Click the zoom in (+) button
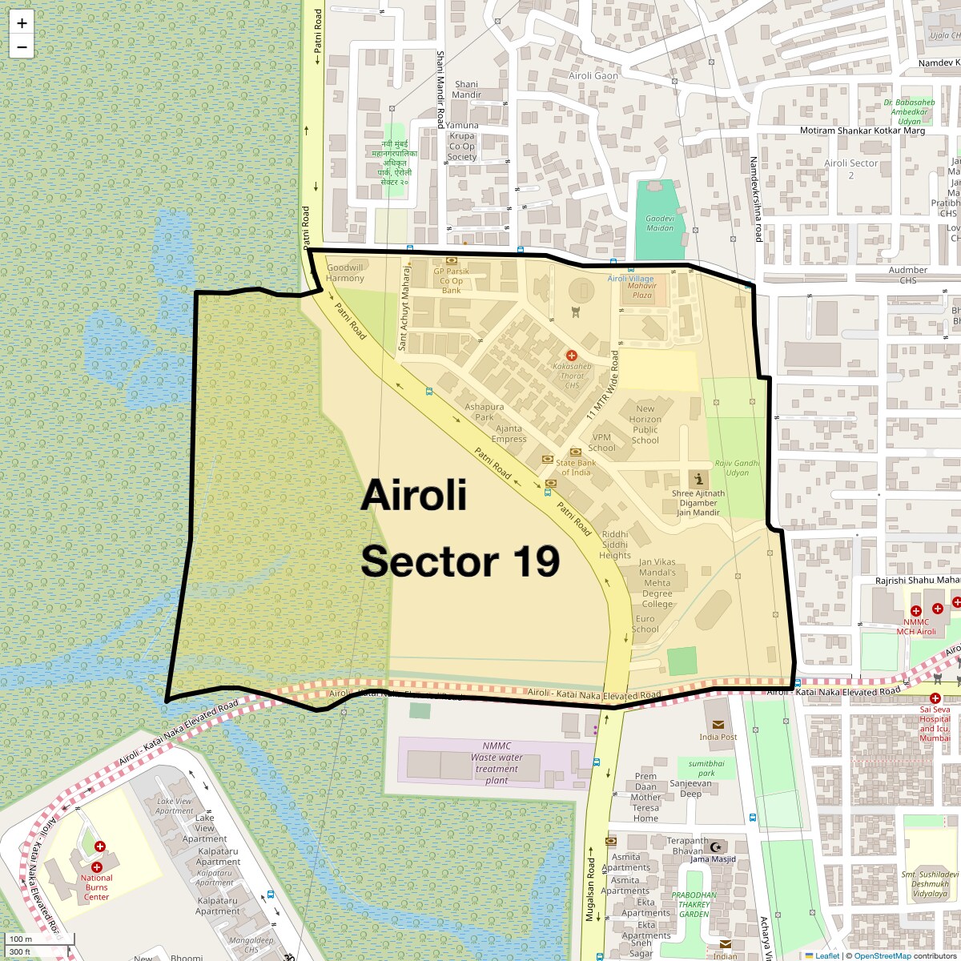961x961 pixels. (22, 24)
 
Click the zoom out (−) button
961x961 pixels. (22, 47)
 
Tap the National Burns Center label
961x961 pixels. (96, 887)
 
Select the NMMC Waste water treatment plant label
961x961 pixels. (497, 763)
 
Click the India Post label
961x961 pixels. (718, 737)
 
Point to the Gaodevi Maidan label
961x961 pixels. (660, 223)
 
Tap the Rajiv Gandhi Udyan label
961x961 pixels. (737, 468)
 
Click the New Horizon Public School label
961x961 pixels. (645, 424)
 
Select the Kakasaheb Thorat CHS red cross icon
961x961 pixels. (572, 355)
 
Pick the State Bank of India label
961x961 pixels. (576, 468)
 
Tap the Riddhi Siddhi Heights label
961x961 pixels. (615, 545)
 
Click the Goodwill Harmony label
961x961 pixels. (345, 273)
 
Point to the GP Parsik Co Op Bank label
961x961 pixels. (452, 281)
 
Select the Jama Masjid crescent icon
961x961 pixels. (717, 846)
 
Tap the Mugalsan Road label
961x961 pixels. (590, 889)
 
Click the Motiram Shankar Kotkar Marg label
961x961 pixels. (862, 131)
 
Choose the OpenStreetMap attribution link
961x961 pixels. (883, 955)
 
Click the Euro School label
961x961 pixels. (645, 624)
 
